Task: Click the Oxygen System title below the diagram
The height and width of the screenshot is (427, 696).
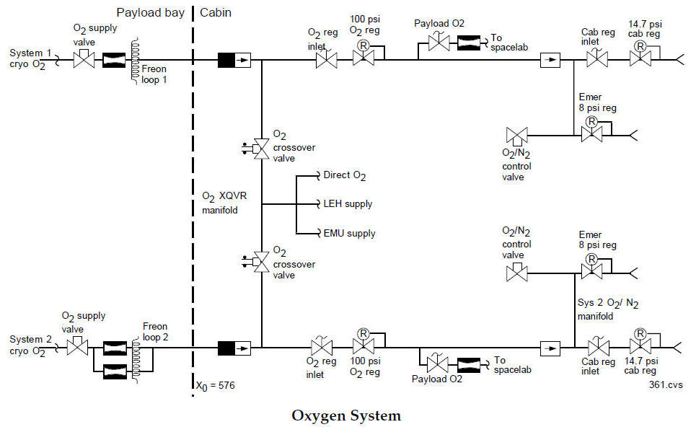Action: click(345, 415)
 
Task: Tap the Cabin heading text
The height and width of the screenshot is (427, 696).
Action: click(216, 12)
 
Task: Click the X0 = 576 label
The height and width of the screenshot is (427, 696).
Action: click(215, 385)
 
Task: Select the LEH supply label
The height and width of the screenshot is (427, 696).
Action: click(348, 204)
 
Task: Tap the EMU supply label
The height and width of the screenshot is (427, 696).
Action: click(349, 233)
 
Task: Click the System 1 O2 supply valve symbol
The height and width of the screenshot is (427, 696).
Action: click(85, 61)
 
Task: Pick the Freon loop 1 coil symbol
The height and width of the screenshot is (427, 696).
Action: click(135, 59)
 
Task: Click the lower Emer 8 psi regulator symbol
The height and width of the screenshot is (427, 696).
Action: click(591, 271)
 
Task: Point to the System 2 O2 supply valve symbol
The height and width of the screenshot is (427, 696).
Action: click(76, 348)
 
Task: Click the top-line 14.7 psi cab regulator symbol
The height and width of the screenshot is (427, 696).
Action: click(638, 61)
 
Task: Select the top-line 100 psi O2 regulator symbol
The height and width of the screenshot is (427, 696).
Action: click(363, 61)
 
